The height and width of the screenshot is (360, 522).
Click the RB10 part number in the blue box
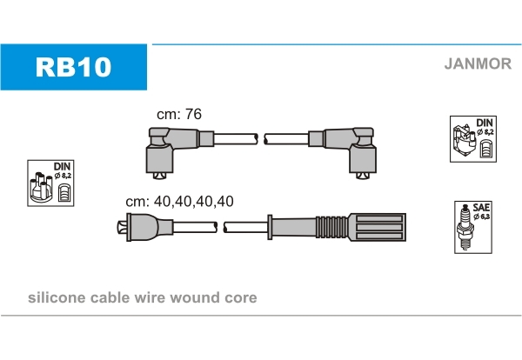pyautogui.click(x=73, y=66)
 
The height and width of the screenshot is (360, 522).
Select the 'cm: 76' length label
pyautogui.click(x=178, y=114)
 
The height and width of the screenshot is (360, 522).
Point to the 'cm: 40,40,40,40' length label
pyautogui.click(x=179, y=201)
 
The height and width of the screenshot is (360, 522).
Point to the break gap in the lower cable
pyautogui.click(x=220, y=228)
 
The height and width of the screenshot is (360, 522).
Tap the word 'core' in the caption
pyautogui.click(x=240, y=297)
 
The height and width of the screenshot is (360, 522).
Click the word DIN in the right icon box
pyautogui.click(x=485, y=123)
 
